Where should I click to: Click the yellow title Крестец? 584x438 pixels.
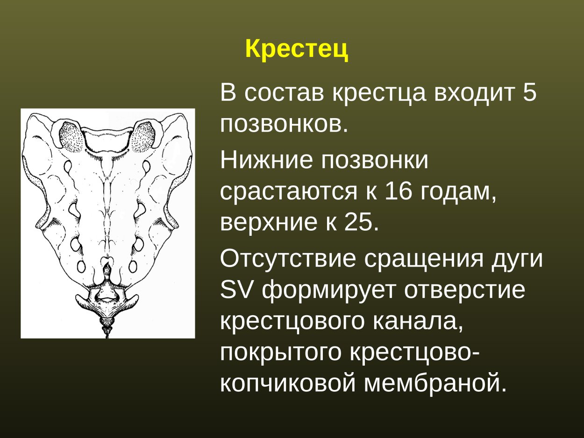click(x=296, y=49)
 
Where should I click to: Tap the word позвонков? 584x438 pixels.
click(x=284, y=124)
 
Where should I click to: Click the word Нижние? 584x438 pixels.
click(x=263, y=160)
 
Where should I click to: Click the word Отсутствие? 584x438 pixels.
click(x=288, y=259)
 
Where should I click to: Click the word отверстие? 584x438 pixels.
click(x=464, y=290)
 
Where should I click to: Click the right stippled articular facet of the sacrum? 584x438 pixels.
click(x=143, y=136)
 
